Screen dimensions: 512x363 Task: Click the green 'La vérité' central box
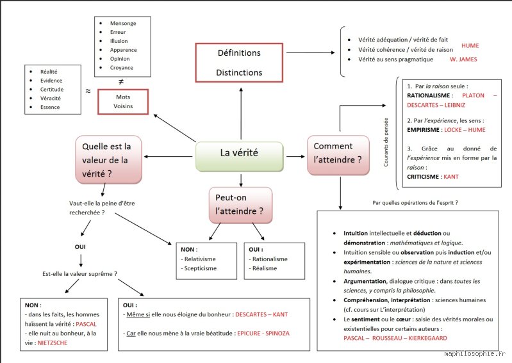240,156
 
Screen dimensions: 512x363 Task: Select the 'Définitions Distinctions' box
239,62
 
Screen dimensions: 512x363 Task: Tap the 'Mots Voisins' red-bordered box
123,102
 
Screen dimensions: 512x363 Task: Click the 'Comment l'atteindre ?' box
338,155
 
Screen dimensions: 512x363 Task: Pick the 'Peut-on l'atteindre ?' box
240,205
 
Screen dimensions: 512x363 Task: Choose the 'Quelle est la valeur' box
108,160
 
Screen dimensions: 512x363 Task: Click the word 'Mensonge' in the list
123,23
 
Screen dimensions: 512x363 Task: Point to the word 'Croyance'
122,67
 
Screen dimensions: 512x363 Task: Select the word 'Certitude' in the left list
52,89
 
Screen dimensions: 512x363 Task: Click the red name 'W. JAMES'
463,59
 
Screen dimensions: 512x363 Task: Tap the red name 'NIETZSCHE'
53,343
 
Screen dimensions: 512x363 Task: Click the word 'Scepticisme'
200,268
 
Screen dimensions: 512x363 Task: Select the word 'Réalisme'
265,268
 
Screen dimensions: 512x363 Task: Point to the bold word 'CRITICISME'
423,177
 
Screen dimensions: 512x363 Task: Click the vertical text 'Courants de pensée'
386,142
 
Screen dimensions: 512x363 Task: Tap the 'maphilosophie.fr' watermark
475,353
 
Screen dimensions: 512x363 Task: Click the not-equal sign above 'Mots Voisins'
121,81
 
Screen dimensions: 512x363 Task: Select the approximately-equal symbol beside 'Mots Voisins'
88,91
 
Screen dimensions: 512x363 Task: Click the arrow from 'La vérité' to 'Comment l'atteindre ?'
295,157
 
